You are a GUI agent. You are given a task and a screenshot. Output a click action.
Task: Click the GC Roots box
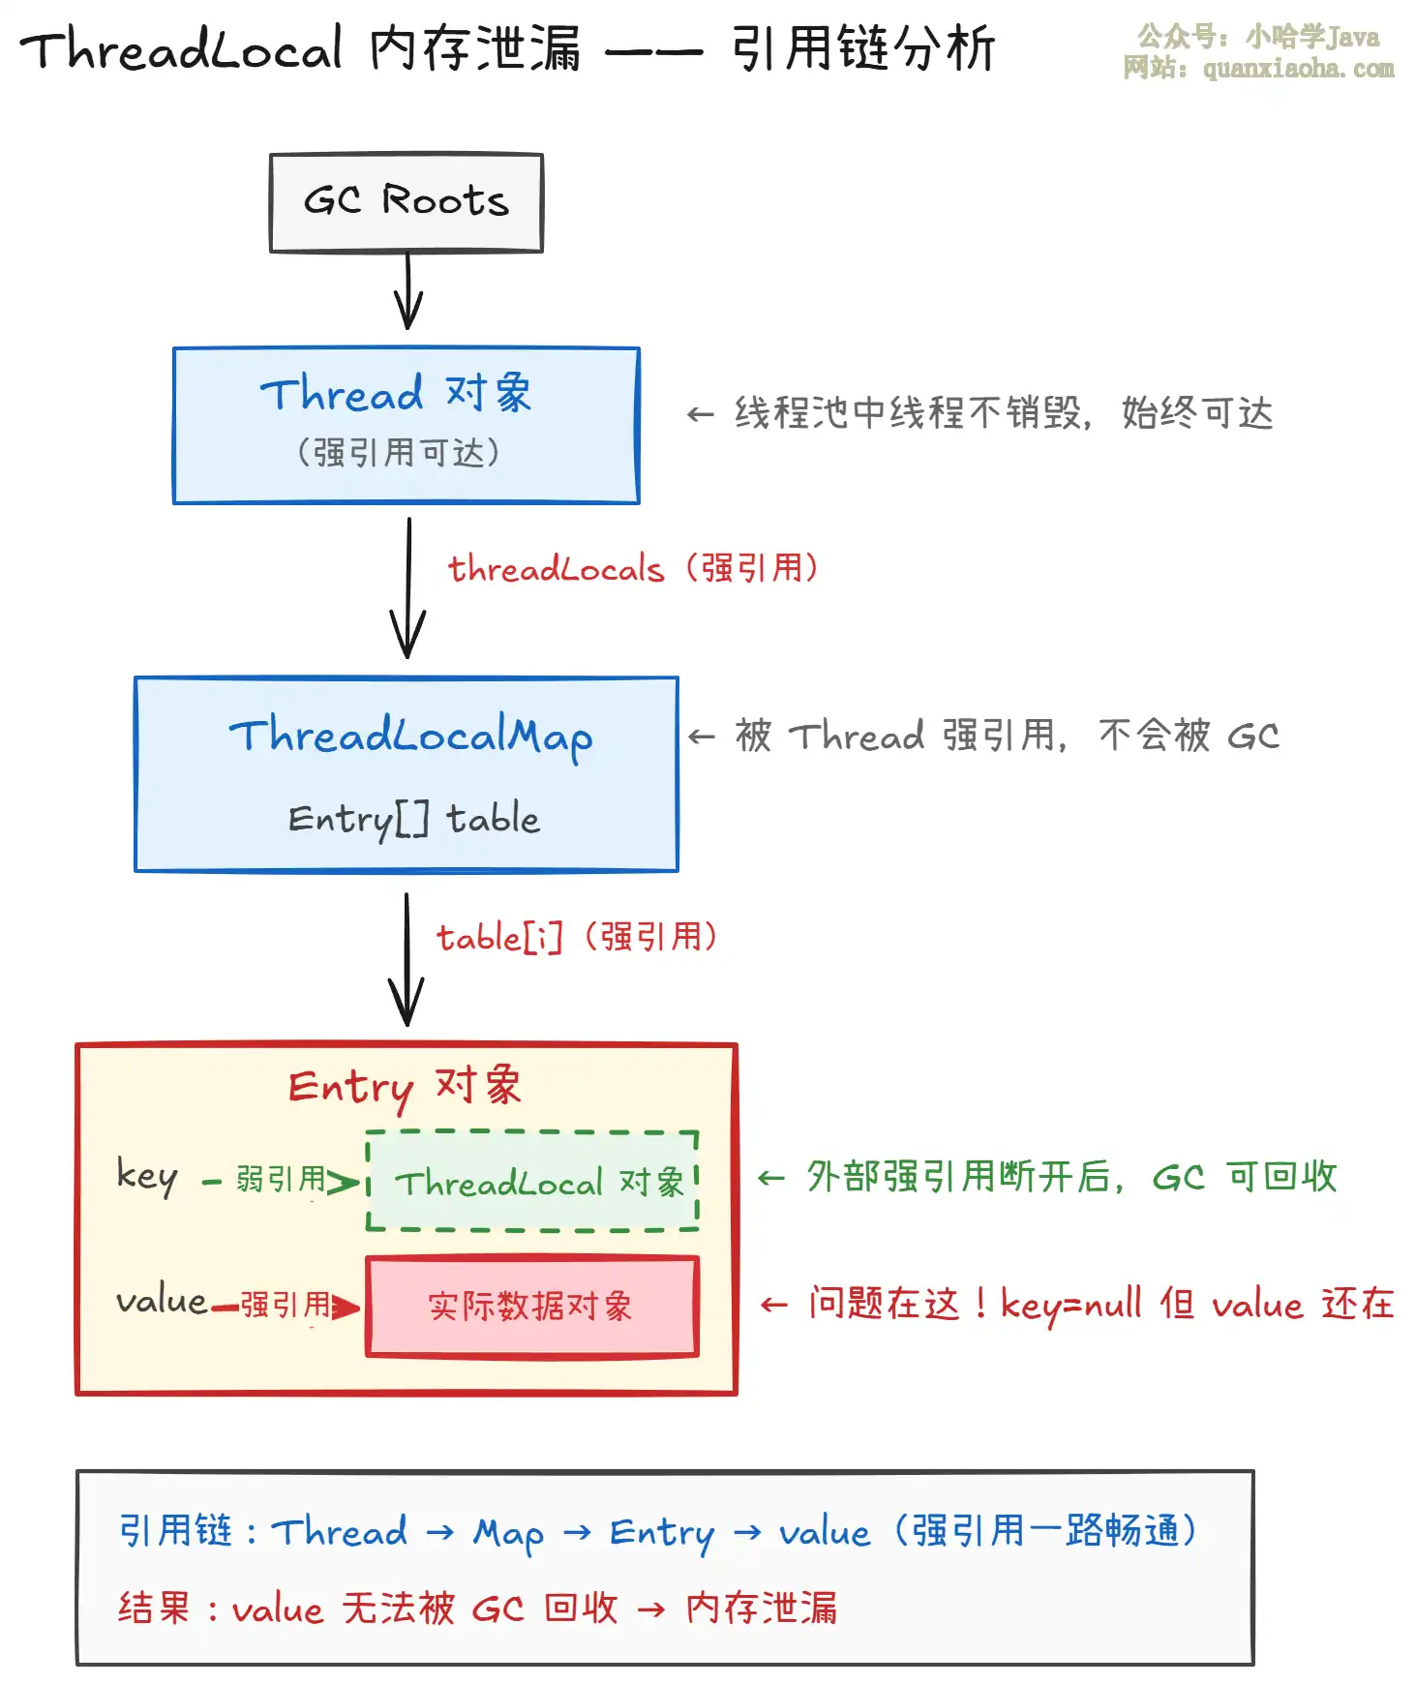coord(406,202)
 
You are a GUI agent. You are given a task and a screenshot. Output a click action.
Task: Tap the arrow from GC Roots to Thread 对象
coord(407,291)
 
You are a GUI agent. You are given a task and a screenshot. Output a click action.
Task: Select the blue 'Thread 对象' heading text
coord(396,394)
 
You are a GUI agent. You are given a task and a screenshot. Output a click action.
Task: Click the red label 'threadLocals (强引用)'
coord(633,568)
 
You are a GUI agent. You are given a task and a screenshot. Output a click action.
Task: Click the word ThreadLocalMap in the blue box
coord(410,737)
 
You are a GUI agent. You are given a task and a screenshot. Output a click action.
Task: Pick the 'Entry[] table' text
coord(413,820)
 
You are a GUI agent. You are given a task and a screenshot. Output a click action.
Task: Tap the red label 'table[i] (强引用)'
coord(577,937)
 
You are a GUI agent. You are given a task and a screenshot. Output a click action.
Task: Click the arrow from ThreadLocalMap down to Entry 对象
coord(407,958)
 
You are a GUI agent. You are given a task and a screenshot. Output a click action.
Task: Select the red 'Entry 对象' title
coord(405,1087)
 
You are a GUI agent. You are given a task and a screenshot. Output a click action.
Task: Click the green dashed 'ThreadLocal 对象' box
coord(532,1181)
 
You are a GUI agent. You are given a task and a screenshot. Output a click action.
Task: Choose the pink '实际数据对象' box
coord(531,1307)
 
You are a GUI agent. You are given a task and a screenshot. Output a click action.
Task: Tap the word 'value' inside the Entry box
coord(162,1302)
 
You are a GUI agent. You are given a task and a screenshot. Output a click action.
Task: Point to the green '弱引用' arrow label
coord(281,1179)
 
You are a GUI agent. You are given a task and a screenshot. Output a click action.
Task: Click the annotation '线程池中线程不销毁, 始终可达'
coord(1003,413)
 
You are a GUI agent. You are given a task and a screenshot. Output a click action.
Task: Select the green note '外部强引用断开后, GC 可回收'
coord(1070,1177)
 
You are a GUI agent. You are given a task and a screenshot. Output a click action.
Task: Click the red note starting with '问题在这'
coord(1100,1305)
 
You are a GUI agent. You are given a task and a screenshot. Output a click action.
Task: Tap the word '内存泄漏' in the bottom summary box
coord(762,1609)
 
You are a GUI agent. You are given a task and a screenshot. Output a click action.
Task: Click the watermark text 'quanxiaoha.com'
coord(1298,69)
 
